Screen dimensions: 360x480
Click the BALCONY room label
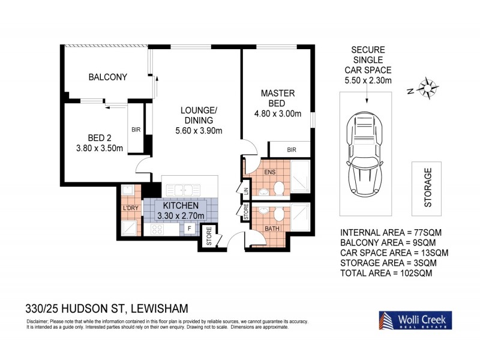click(107, 77)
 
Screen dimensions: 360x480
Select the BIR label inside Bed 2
click(136, 128)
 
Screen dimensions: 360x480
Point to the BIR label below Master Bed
click(291, 149)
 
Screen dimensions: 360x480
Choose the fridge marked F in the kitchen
click(188, 229)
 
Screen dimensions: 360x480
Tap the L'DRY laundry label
click(130, 208)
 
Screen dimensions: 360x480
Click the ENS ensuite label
click(272, 173)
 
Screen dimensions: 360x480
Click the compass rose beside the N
click(428, 88)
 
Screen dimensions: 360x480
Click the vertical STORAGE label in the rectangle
click(428, 187)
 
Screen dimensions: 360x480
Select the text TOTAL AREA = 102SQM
click(386, 272)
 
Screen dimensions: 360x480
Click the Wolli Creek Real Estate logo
click(415, 319)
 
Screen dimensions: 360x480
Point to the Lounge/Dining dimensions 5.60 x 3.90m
click(199, 131)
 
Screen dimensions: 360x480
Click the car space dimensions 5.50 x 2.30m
click(368, 80)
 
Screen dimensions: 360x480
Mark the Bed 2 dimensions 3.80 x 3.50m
click(100, 148)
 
